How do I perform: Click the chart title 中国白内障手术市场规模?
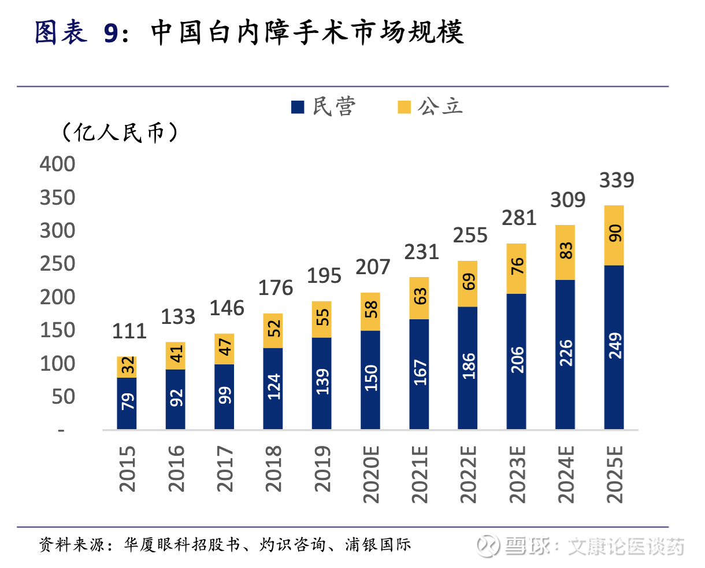307,32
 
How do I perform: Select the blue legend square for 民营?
298,107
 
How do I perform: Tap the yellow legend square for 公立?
404,107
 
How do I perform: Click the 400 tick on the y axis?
57,164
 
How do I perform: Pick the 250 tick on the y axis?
57,264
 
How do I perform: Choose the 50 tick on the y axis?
64,397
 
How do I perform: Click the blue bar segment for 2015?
127,403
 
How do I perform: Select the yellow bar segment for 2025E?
614,235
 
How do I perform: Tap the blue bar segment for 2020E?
370,379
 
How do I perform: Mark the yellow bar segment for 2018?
273,330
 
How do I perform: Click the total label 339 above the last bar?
617,180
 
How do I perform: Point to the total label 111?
129,331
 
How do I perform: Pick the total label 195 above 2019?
324,276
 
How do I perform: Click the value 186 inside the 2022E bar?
468,367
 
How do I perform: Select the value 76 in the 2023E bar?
517,267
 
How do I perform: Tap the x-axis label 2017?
225,469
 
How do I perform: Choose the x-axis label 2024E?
566,473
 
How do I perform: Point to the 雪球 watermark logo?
490,545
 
